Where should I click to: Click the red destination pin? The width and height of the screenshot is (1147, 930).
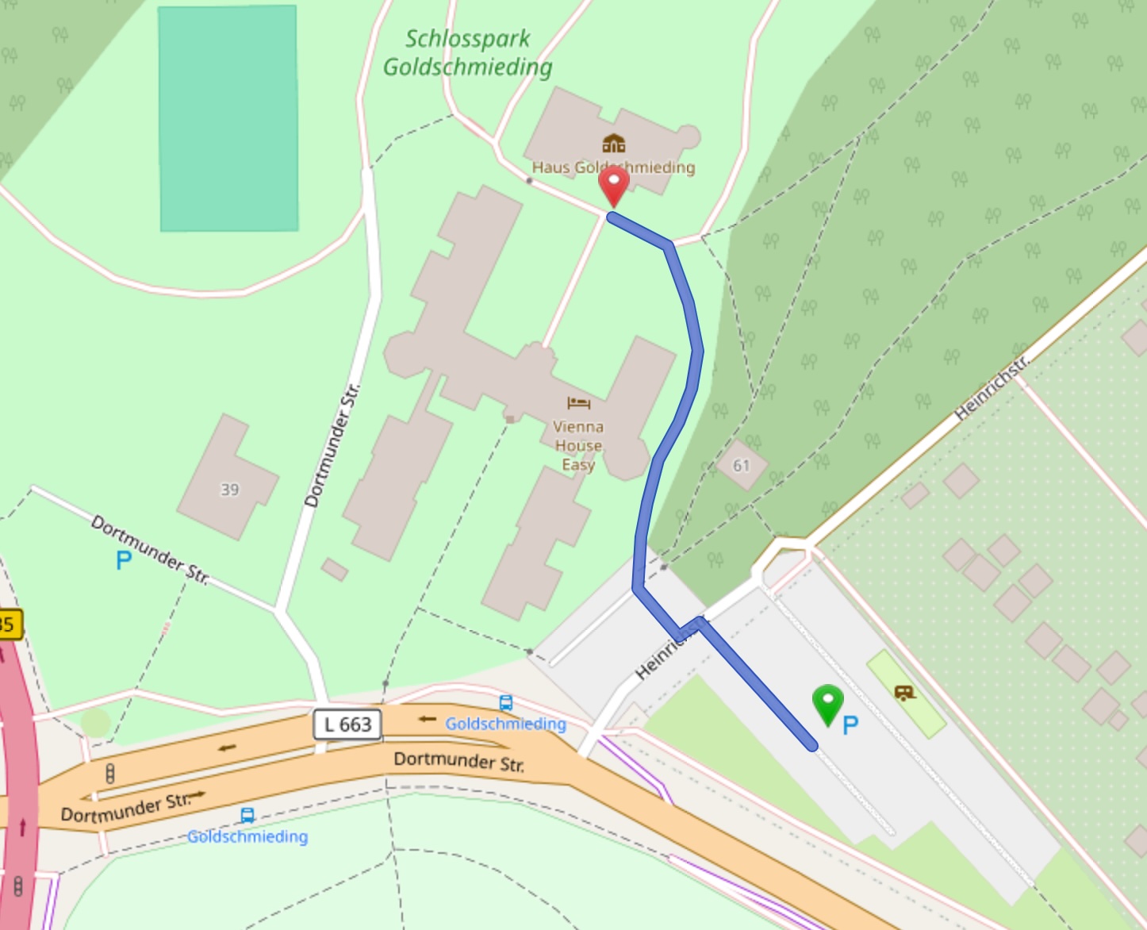(613, 185)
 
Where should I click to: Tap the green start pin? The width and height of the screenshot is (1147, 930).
(827, 703)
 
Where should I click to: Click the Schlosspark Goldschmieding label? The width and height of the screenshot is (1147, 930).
(468, 53)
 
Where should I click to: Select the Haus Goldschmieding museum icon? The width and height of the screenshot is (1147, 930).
(613, 144)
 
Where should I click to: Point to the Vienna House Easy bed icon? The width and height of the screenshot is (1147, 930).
(578, 403)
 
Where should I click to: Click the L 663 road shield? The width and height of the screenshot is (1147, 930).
(347, 724)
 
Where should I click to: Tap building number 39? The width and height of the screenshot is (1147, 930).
(229, 490)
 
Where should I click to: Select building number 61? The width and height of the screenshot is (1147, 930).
(741, 465)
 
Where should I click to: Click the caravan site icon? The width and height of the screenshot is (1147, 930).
(904, 693)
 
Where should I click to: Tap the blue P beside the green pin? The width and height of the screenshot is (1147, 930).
(850, 724)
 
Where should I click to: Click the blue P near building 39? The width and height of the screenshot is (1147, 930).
(123, 560)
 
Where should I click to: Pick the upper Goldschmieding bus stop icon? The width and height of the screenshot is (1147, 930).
(505, 703)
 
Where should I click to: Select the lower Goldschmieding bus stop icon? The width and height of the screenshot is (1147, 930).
(247, 816)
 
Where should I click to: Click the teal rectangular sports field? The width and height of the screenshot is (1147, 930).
(228, 119)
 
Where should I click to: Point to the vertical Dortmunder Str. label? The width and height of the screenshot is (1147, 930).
(332, 445)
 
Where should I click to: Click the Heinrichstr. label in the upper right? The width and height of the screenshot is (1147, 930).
(992, 387)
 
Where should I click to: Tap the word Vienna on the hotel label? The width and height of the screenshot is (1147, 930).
(578, 426)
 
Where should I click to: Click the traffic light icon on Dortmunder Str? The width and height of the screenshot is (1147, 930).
(110, 773)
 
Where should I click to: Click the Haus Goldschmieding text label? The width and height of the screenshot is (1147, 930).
(613, 167)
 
